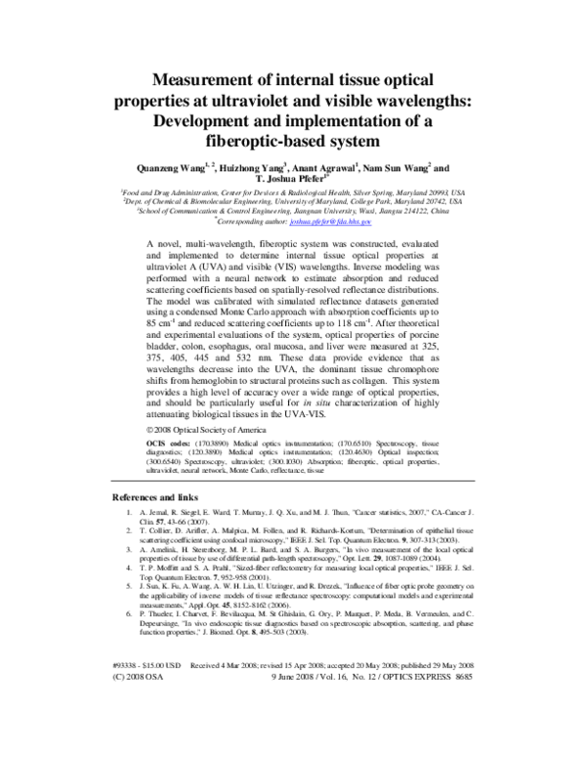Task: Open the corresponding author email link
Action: pyautogui.click(x=344, y=222)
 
